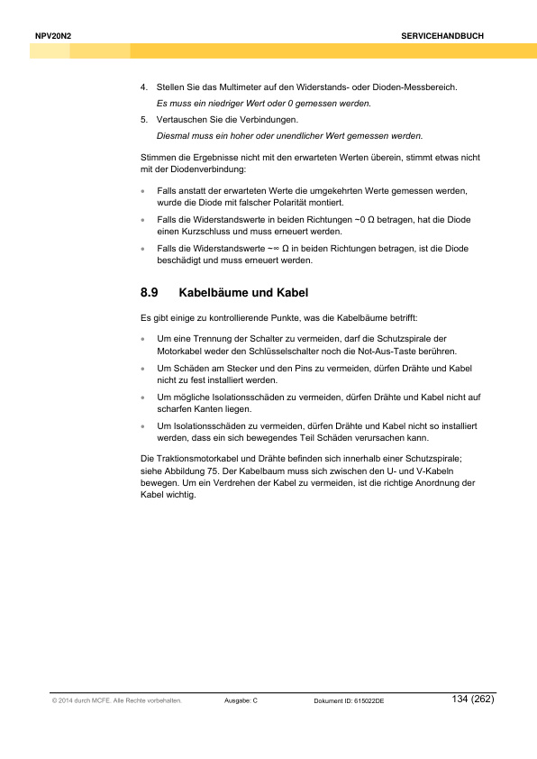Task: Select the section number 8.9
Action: pyautogui.click(x=150, y=293)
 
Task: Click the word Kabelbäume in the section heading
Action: pyautogui.click(x=217, y=293)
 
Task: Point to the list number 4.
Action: pyautogui.click(x=143, y=87)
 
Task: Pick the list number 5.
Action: pyautogui.click(x=143, y=119)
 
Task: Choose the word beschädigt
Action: pyautogui.click(x=180, y=261)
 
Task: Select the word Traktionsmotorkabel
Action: pyautogui.click(x=193, y=458)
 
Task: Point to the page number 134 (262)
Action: pyautogui.click(x=472, y=699)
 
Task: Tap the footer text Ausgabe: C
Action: pyautogui.click(x=241, y=701)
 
